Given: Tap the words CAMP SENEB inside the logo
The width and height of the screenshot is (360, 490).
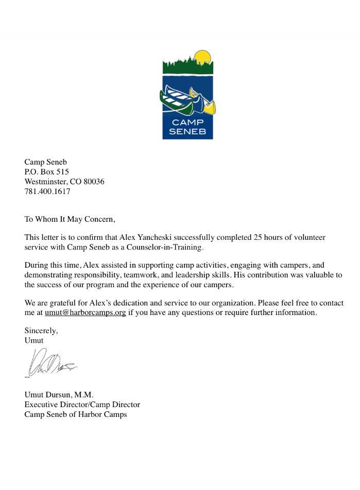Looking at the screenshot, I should pos(187,127).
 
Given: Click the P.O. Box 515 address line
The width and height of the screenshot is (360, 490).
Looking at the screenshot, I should pos(46,172).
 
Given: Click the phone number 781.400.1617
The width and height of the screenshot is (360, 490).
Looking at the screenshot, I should pos(47,191).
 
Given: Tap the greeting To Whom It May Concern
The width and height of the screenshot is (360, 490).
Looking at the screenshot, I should pos(70,219).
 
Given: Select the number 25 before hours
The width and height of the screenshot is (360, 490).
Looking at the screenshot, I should pos(259,238).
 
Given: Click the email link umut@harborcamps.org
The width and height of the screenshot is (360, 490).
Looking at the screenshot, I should pos(85,312).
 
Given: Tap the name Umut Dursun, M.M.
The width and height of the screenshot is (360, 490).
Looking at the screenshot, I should pos(59,395).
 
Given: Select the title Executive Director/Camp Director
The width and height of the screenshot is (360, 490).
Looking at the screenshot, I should pos(82,405).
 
